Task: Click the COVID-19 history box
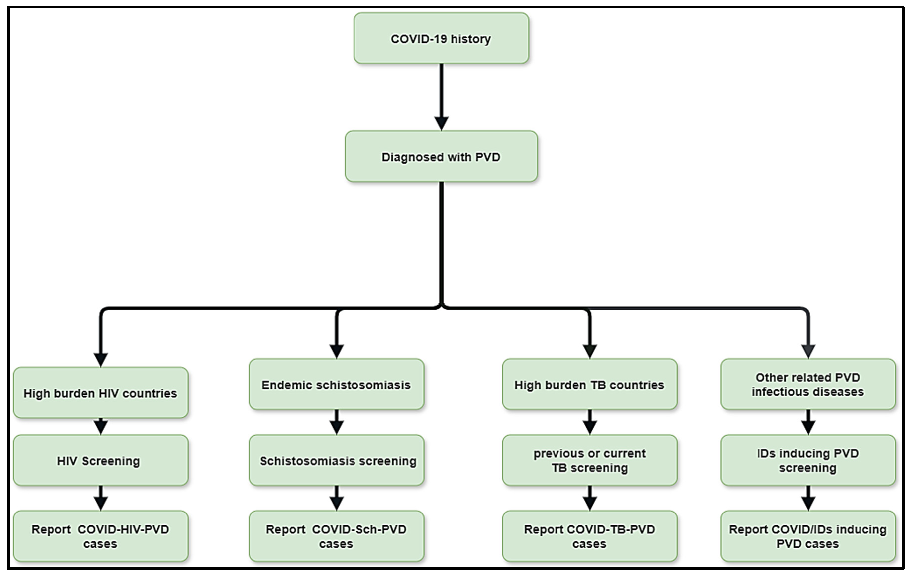pyautogui.click(x=441, y=38)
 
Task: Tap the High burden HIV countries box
pyautogui.click(x=101, y=393)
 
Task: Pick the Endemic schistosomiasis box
pyautogui.click(x=336, y=384)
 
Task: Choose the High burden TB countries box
pyautogui.click(x=589, y=384)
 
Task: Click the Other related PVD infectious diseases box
pyautogui.click(x=808, y=384)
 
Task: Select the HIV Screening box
pyautogui.click(x=101, y=460)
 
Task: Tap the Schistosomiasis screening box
pyautogui.click(x=336, y=460)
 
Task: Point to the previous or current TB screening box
pyautogui.click(x=589, y=460)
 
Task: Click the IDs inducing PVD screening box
pyautogui.click(x=808, y=460)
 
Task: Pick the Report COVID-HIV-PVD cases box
pyautogui.click(x=101, y=536)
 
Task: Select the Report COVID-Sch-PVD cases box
pyautogui.click(x=336, y=536)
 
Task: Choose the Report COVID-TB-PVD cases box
pyautogui.click(x=589, y=536)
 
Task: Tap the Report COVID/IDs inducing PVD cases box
pyautogui.click(x=808, y=536)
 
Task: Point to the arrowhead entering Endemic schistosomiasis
pyautogui.click(x=336, y=351)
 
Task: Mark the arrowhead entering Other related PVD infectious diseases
pyautogui.click(x=808, y=351)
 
